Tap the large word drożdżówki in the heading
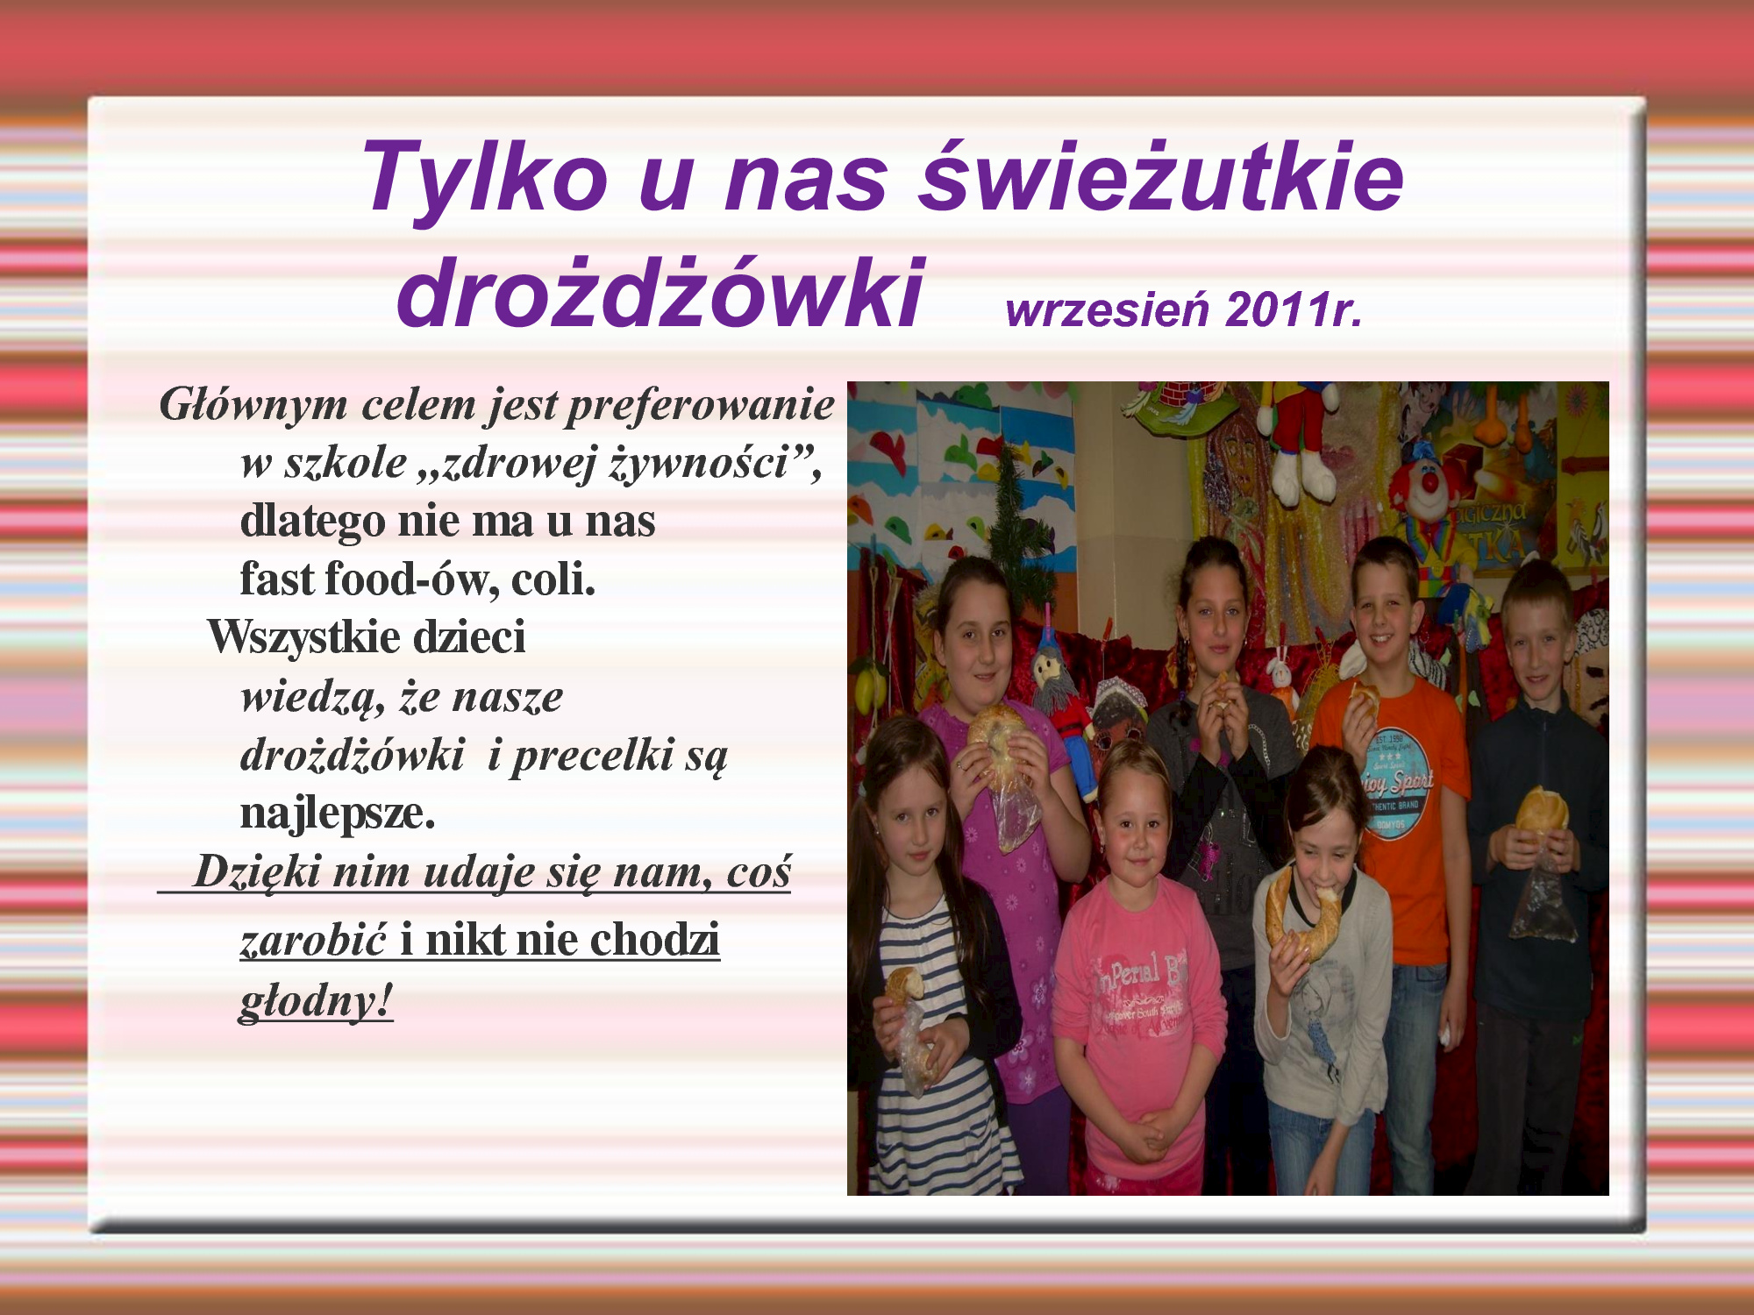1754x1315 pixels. pyautogui.click(x=660, y=291)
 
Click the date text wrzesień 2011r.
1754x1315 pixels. pyautogui.click(x=1184, y=309)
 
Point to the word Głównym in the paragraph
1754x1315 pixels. pyautogui.click(x=253, y=405)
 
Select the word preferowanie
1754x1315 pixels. pyautogui.click(x=699, y=405)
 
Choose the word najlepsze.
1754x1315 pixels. pyautogui.click(x=338, y=814)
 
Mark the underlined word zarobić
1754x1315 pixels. pyautogui.click(x=313, y=939)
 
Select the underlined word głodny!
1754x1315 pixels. pyautogui.click(x=316, y=1001)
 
